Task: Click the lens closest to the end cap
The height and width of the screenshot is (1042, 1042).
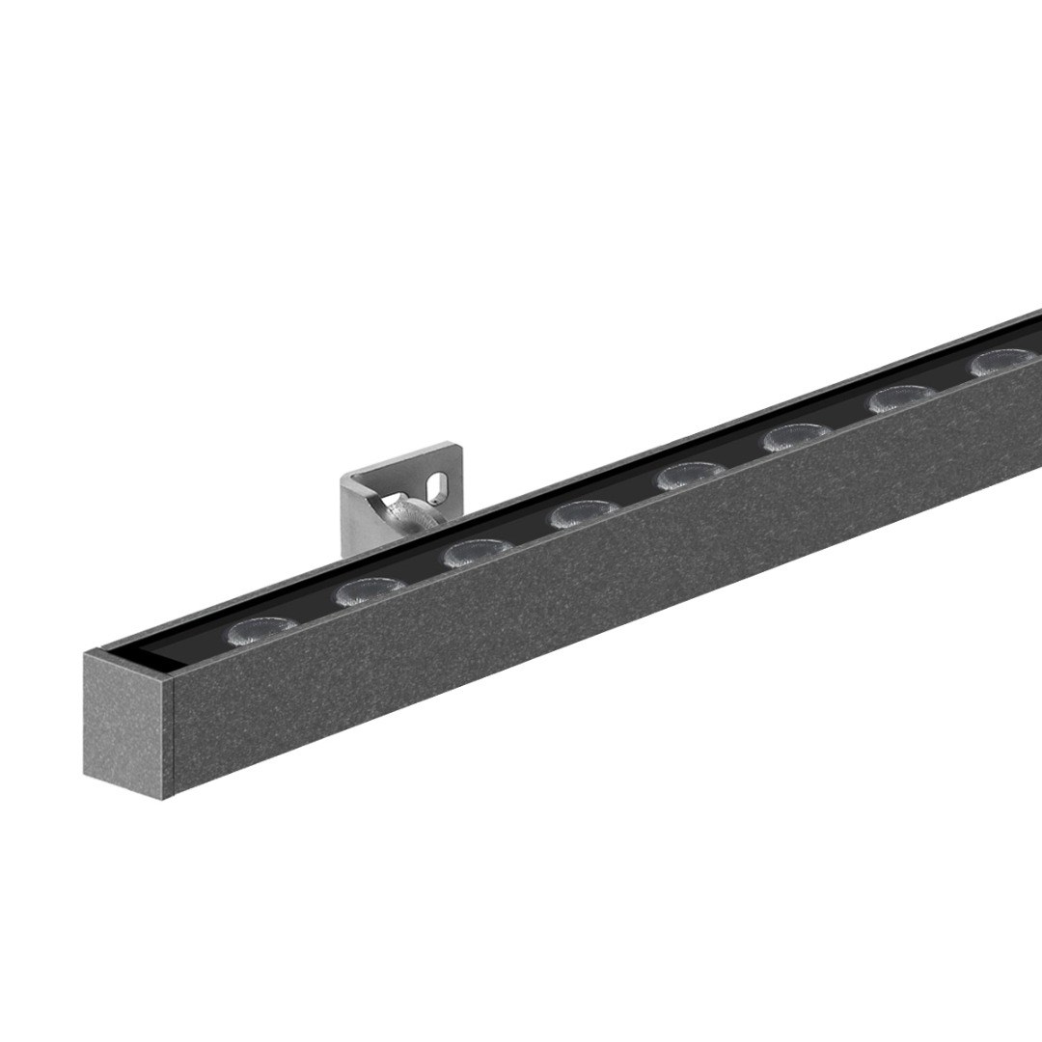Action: point(262,630)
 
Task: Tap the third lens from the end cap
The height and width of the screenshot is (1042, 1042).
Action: point(479,554)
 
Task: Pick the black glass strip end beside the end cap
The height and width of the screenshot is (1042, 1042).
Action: point(154,658)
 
